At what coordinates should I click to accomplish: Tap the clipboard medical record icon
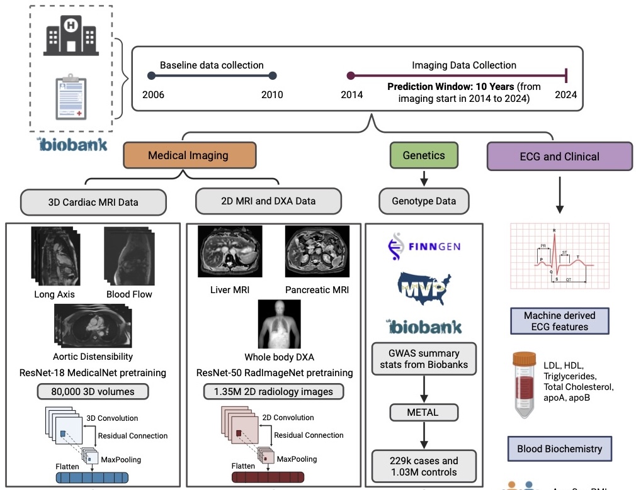pos(71,96)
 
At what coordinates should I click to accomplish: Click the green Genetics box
pos(423,155)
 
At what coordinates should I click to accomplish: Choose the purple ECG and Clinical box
pos(559,157)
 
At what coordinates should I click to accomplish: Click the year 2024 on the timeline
pos(565,95)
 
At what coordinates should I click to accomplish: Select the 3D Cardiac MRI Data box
pos(93,203)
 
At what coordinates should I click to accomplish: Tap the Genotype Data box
pos(423,202)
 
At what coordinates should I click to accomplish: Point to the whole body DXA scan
pos(279,323)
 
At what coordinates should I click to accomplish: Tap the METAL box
pos(423,413)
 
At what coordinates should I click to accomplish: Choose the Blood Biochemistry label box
pos(559,449)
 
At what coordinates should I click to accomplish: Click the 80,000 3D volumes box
pos(93,391)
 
